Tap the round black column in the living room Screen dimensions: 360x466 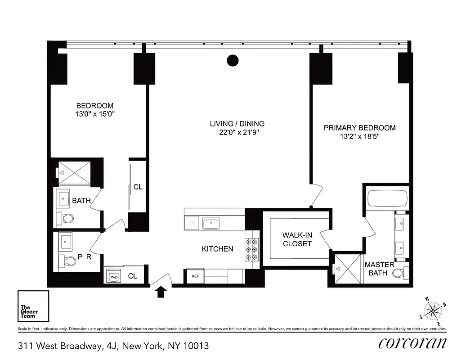232,60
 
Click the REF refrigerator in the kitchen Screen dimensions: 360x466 195,276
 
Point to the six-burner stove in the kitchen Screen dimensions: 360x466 251,249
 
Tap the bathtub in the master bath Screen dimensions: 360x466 387,198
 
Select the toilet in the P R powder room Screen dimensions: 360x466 66,261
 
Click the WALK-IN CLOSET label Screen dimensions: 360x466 297,239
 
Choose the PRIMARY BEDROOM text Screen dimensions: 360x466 359,128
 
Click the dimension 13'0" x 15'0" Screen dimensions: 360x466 95,114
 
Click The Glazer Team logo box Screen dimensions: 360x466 33,306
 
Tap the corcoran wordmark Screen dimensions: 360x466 412,343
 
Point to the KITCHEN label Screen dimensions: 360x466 217,249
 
